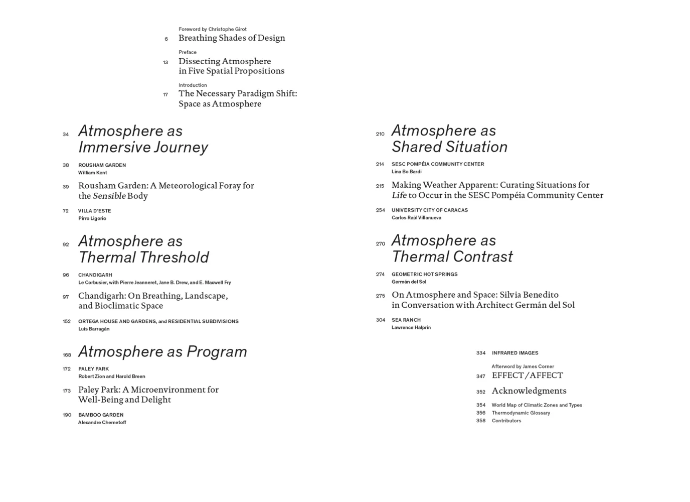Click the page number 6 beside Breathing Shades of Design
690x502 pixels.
[166, 39]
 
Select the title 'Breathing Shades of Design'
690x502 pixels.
[232, 38]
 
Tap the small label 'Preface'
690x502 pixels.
[188, 52]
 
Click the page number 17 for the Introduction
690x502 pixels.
[165, 95]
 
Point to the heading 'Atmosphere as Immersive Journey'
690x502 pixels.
[143, 139]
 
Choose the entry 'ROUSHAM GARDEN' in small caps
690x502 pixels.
[102, 165]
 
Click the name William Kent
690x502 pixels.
[93, 173]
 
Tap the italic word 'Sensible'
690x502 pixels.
[109, 196]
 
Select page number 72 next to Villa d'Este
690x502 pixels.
[66, 211]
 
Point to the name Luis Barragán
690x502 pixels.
[94, 329]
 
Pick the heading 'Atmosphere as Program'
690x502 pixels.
[162, 351]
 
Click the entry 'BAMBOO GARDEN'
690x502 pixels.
[101, 415]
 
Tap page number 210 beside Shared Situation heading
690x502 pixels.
[380, 134]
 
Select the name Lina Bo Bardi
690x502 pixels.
[407, 172]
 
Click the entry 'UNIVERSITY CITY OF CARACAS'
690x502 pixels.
[430, 210]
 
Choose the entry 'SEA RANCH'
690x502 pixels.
[406, 320]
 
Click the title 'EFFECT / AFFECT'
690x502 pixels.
[527, 375]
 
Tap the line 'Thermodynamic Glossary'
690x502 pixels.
[521, 413]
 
